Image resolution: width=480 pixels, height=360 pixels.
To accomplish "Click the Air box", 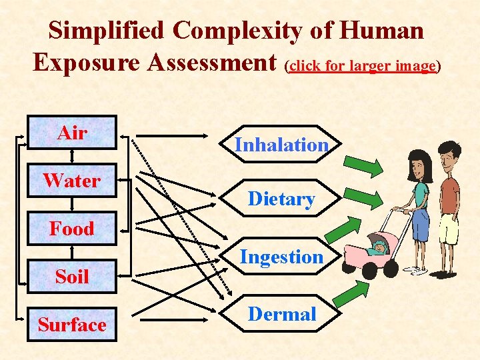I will coord(72,133).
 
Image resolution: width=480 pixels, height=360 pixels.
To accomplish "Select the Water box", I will coord(72,181).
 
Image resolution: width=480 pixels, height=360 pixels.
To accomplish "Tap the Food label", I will coord(71,229).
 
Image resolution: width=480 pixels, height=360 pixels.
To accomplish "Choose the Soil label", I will coord(71,276).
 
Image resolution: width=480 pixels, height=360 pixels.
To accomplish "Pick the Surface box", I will coord(72,325).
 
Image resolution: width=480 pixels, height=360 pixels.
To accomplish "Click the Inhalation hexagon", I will coord(281,145).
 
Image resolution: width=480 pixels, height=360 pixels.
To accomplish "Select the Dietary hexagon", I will coord(281,199).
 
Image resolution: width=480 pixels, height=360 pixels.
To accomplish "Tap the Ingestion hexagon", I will coord(281,257).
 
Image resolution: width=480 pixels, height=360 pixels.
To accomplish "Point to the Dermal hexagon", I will coord(281,314).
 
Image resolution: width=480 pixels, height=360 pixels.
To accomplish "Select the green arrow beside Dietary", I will coord(365,198).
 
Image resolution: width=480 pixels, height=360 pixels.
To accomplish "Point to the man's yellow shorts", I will coord(449,228).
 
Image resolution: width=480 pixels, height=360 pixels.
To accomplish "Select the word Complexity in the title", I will coord(256,30).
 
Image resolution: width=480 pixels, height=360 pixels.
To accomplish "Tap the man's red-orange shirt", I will coord(451,193).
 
